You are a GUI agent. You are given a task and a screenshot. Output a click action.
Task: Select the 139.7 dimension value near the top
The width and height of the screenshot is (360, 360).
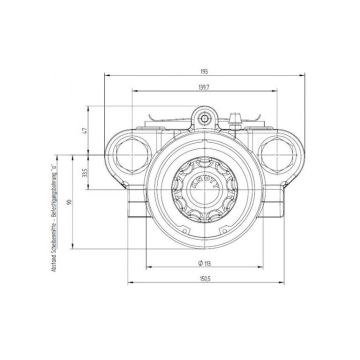coord(203,89)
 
